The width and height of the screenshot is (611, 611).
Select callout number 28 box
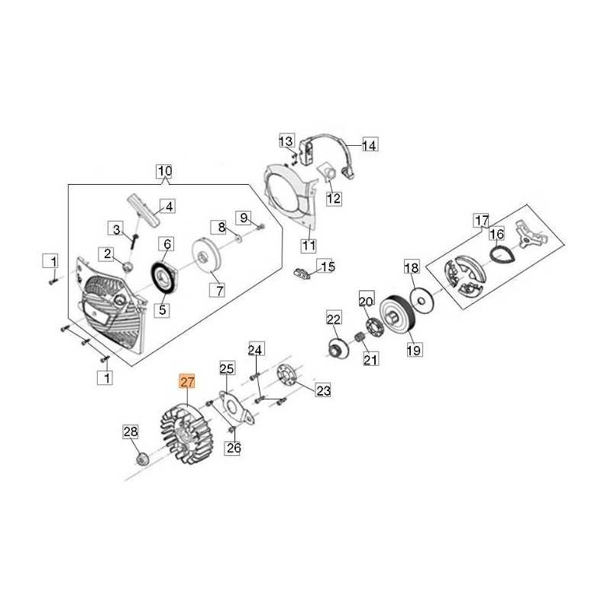tap(131, 432)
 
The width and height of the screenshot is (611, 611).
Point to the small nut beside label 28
tap(141, 458)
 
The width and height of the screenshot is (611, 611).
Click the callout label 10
tap(165, 171)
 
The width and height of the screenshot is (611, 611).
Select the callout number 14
tap(370, 144)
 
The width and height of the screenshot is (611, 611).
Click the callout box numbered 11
tap(309, 246)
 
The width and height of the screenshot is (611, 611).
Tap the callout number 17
tap(480, 221)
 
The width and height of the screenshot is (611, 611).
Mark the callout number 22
tap(334, 318)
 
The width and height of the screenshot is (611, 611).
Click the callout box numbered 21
tap(370, 360)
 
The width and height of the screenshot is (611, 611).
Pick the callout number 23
tap(324, 391)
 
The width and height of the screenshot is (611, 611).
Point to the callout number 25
tap(227, 369)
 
